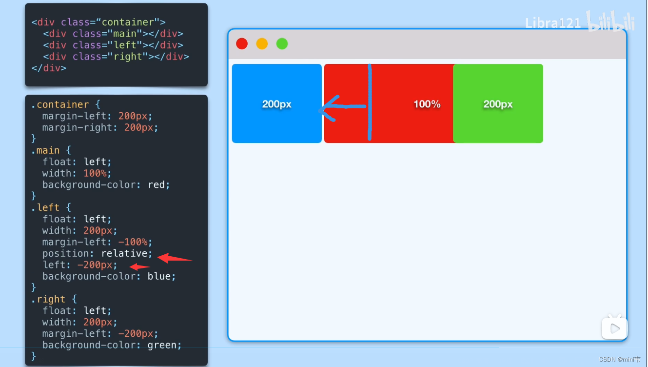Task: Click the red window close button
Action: [242, 44]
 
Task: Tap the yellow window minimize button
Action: [262, 44]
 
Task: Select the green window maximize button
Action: [282, 44]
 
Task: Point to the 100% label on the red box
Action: [427, 104]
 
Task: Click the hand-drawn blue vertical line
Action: [370, 102]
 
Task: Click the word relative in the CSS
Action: [127, 253]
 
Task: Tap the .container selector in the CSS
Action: [60, 104]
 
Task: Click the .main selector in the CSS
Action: [45, 150]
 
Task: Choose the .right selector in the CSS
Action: [48, 299]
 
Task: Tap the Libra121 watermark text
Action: [553, 23]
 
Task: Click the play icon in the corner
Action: [614, 328]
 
